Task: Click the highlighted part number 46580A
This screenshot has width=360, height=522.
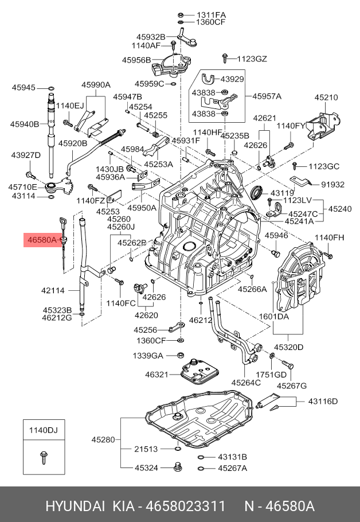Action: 40,240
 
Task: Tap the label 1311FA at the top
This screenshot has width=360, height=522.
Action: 212,14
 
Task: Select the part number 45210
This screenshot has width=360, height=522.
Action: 326,98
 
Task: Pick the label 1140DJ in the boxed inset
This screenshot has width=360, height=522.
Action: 44,430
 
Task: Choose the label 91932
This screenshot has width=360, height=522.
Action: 332,185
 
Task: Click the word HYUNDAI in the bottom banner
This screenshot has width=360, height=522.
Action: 75,507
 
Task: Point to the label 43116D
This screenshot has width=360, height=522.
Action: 323,401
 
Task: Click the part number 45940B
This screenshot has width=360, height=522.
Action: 24,124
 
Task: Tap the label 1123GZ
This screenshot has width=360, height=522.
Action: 252,59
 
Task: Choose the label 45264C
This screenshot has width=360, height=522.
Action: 246,383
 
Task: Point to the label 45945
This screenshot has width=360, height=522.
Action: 24,88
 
